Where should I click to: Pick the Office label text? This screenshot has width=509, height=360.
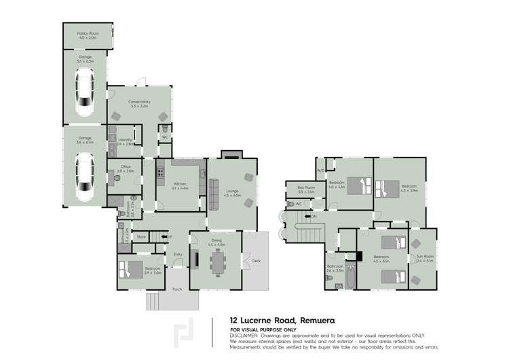pyautogui.click(x=126, y=166)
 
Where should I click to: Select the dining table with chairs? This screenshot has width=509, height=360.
pyautogui.click(x=217, y=262)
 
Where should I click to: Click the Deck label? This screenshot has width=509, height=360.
pyautogui.click(x=255, y=259)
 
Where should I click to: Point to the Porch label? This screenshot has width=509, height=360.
pyautogui.click(x=177, y=289)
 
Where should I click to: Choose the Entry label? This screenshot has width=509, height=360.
pyautogui.click(x=178, y=254)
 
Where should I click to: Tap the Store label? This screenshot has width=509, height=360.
pyautogui.click(x=142, y=236)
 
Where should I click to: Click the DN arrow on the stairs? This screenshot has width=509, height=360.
pyautogui.click(x=312, y=217)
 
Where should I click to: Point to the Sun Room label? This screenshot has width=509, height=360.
pyautogui.click(x=424, y=257)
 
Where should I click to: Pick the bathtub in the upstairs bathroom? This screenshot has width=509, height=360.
pyautogui.click(x=350, y=279)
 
